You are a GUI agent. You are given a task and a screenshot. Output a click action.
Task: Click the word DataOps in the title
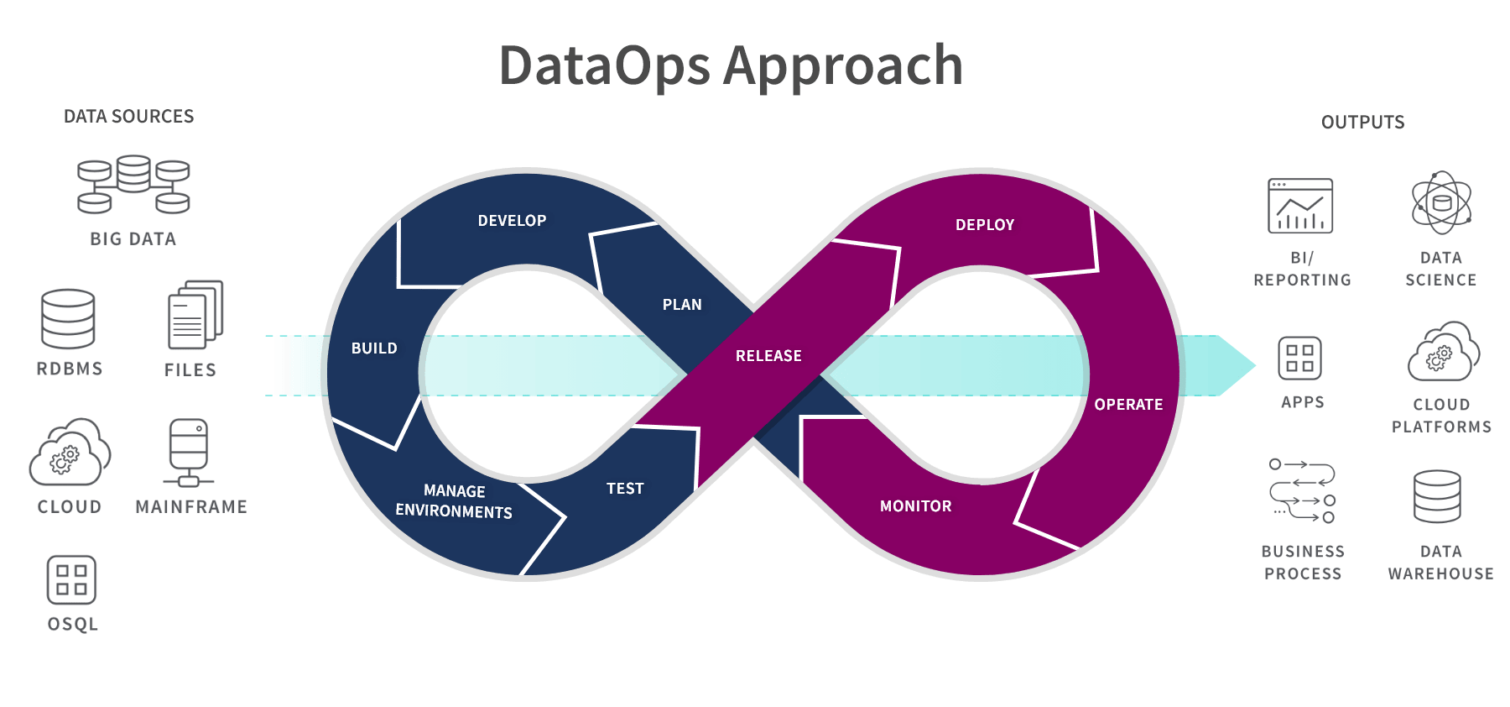pyautogui.click(x=604, y=65)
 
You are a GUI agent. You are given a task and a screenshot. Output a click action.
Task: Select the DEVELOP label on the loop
pyautogui.click(x=512, y=221)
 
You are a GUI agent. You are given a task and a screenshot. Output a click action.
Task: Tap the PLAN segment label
pyautogui.click(x=682, y=305)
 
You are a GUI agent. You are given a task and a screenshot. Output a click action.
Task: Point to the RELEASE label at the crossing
pyautogui.click(x=768, y=356)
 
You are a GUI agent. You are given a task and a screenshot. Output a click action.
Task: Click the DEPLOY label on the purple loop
pyautogui.click(x=985, y=225)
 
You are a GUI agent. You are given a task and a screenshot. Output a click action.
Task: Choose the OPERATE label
pyautogui.click(x=1128, y=405)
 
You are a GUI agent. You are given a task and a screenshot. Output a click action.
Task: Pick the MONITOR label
pyautogui.click(x=915, y=506)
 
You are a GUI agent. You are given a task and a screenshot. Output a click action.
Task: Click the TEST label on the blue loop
pyautogui.click(x=625, y=489)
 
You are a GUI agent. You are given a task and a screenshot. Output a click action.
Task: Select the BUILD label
pyautogui.click(x=374, y=348)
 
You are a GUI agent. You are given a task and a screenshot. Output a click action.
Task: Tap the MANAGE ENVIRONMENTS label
pyautogui.click(x=454, y=501)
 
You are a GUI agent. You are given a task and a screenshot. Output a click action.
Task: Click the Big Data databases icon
pyautogui.click(x=133, y=185)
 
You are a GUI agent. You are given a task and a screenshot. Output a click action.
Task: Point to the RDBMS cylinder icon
pyautogui.click(x=68, y=319)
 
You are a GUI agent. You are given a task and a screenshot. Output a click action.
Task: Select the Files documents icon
pyautogui.click(x=195, y=315)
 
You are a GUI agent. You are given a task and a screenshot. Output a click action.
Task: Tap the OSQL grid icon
pyautogui.click(x=71, y=580)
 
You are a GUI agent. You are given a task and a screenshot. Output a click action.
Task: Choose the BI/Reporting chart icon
pyautogui.click(x=1300, y=206)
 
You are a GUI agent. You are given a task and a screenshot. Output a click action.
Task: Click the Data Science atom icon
pyautogui.click(x=1441, y=203)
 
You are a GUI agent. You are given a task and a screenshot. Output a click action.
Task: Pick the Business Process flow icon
pyautogui.click(x=1302, y=490)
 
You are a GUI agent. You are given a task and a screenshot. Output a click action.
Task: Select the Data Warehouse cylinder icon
pyautogui.click(x=1437, y=496)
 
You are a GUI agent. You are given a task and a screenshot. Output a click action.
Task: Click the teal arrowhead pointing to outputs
pyautogui.click(x=1234, y=365)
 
